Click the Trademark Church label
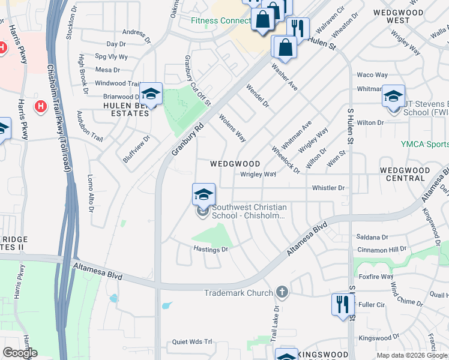click(x=239, y=293)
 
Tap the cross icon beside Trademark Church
click(x=282, y=293)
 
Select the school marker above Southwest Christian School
click(x=203, y=194)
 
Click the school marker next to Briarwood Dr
click(x=151, y=94)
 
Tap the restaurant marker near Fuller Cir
click(x=342, y=304)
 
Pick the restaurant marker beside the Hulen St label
click(x=297, y=28)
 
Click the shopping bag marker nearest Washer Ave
click(x=285, y=47)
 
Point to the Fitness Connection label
click(x=220, y=20)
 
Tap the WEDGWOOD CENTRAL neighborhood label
click(x=405, y=174)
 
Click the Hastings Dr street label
click(x=211, y=249)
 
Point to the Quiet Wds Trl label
click(x=192, y=341)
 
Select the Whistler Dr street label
click(x=328, y=188)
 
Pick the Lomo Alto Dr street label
click(x=90, y=193)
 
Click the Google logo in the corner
click(x=19, y=353)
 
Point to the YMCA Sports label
click(x=424, y=145)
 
